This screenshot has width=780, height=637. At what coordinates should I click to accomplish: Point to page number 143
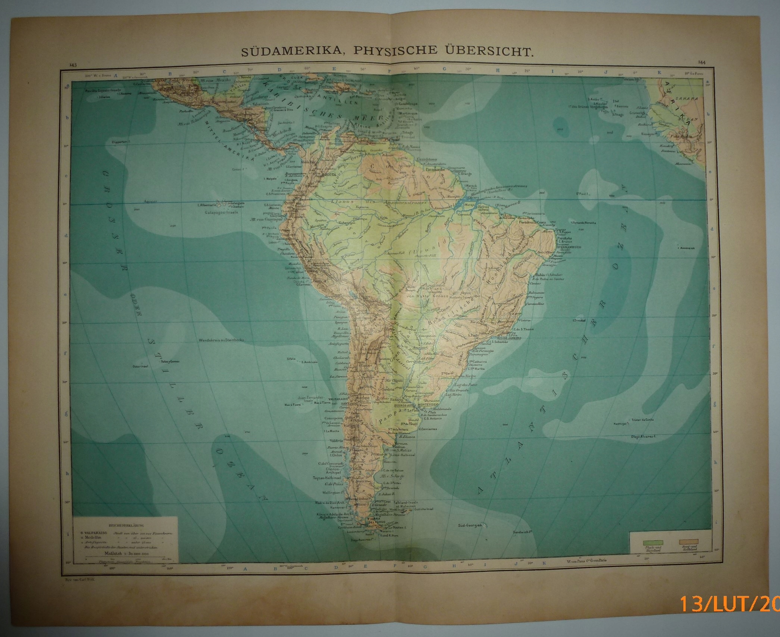pyautogui.click(x=73, y=65)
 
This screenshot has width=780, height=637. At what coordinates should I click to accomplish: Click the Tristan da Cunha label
pyautogui.click(x=642, y=420)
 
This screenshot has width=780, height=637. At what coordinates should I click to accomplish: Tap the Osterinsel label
pyautogui.click(x=140, y=366)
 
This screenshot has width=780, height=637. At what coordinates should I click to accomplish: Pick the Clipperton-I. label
pyautogui.click(x=120, y=142)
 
